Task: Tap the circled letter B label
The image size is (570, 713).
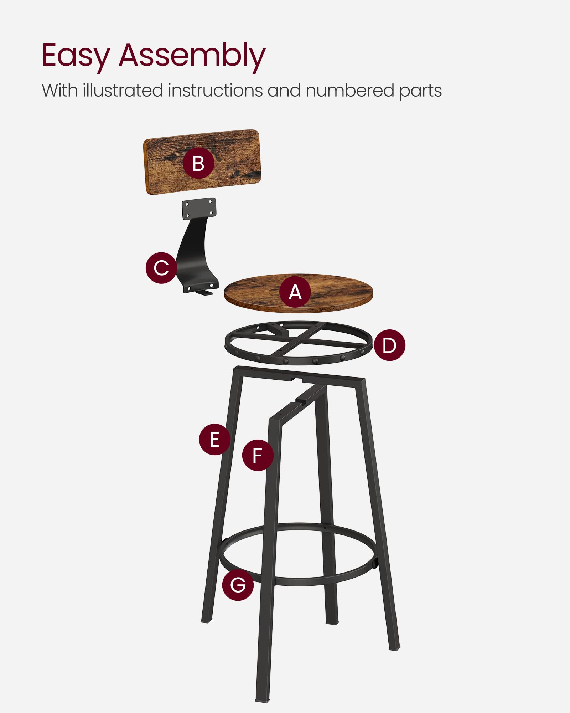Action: point(198,163)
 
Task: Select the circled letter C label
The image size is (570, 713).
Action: point(161,268)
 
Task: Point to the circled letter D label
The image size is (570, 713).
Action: point(389,345)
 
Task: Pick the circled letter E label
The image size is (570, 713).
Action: point(214,439)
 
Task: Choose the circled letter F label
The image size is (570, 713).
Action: point(258,455)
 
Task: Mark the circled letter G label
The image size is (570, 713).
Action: point(238,585)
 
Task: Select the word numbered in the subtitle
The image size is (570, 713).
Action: point(350,91)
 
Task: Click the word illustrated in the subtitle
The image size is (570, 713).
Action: point(123,91)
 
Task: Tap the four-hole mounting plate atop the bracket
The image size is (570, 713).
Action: point(199,208)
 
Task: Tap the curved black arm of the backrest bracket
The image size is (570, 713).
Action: point(194,250)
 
